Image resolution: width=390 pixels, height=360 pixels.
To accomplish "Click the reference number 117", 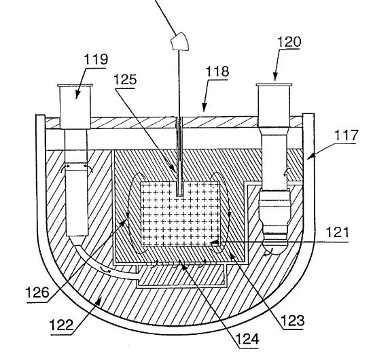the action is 346,135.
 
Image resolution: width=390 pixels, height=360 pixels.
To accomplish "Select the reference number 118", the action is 217,71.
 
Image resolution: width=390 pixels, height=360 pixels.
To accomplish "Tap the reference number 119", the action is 96,59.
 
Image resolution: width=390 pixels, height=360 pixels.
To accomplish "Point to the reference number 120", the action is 289,41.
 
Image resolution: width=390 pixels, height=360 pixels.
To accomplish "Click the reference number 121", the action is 337,232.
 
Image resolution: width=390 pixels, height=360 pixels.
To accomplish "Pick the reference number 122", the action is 61,325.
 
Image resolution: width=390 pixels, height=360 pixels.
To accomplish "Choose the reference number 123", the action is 292,321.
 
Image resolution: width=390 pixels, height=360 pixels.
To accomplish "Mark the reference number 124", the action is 247,339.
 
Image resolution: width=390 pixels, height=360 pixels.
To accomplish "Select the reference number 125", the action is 125,79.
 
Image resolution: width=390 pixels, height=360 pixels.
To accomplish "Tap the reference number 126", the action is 37,292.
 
